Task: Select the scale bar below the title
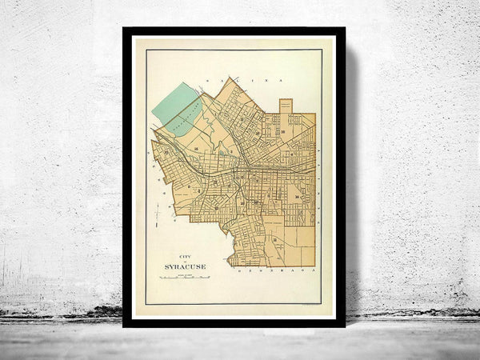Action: click(183, 278)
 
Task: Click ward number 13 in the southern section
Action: click(275, 240)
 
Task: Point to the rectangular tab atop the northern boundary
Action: click(286, 106)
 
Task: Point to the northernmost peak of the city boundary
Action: click(228, 78)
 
